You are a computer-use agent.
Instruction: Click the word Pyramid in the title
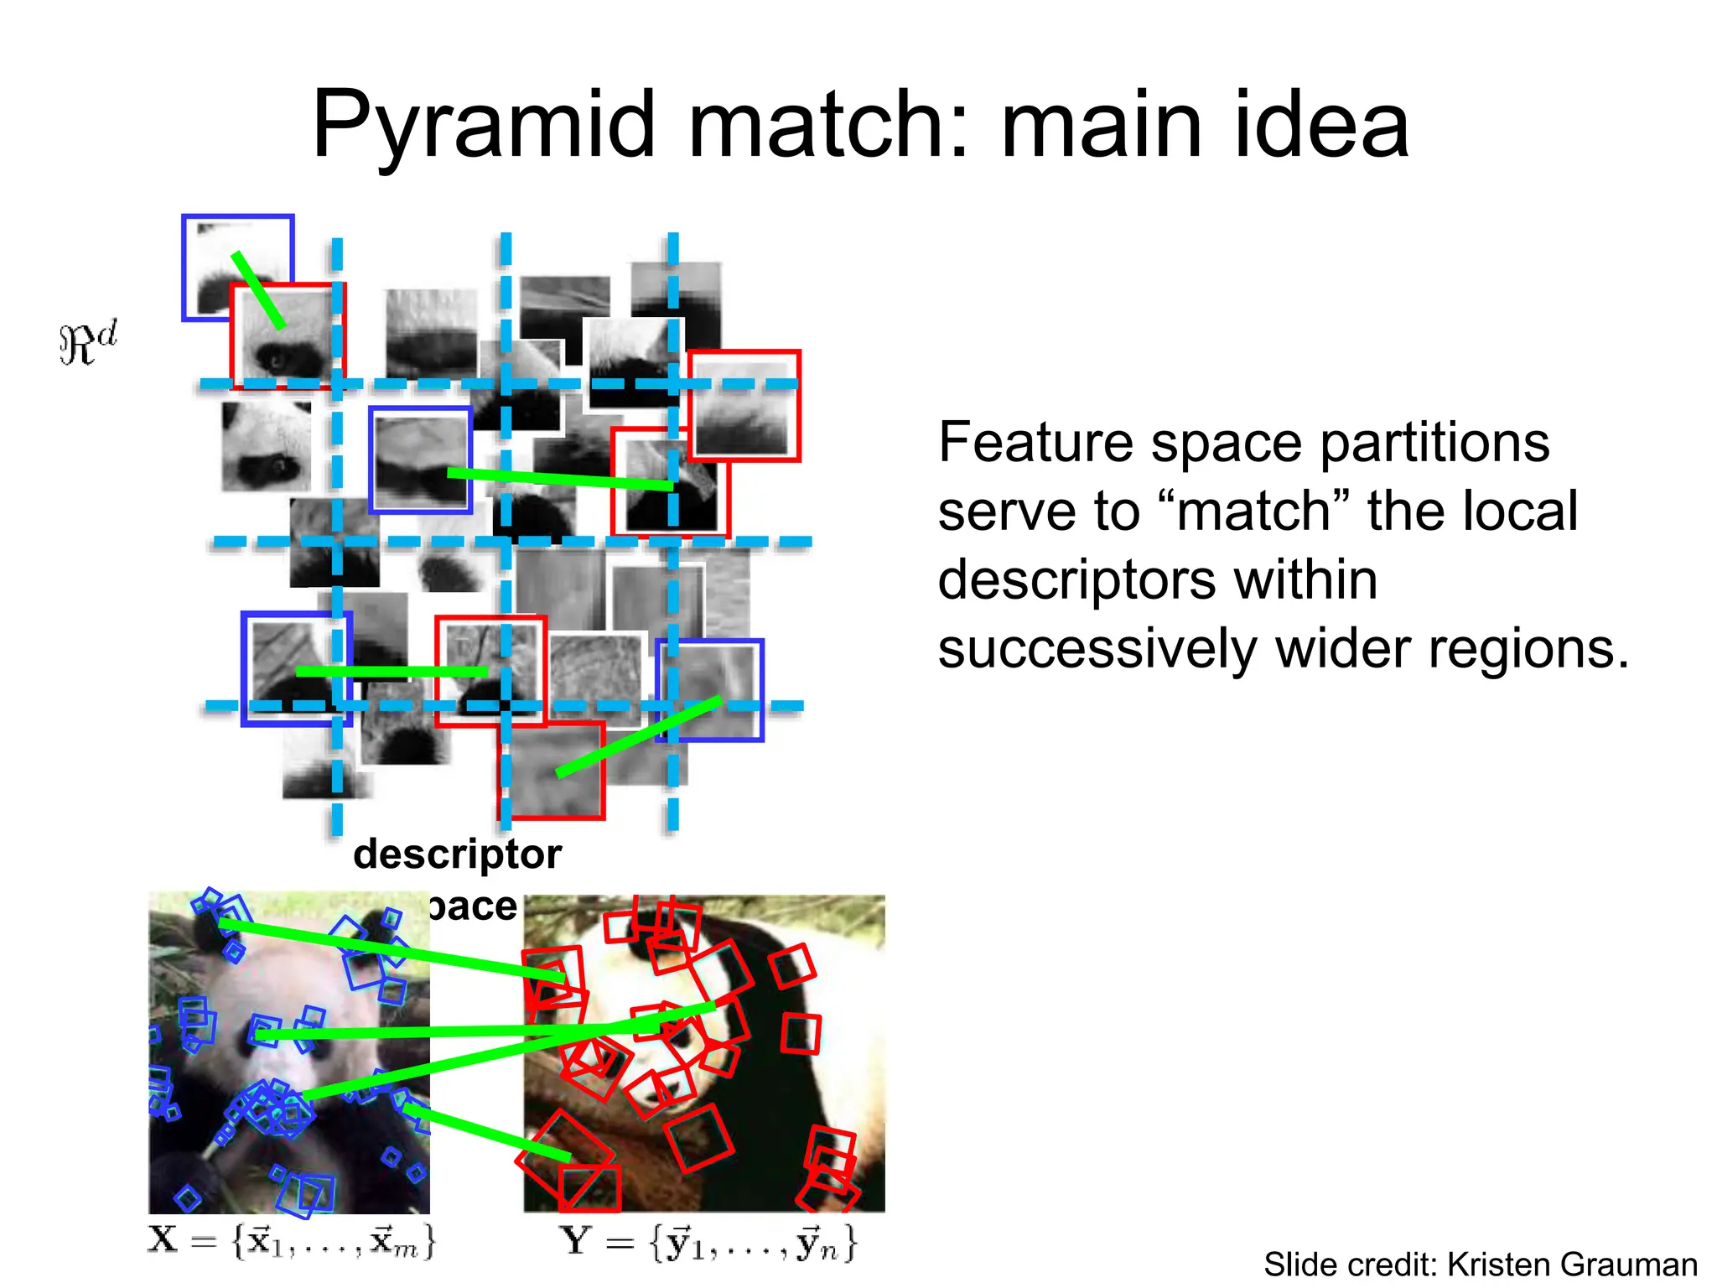(483, 126)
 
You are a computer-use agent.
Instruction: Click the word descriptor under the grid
(457, 854)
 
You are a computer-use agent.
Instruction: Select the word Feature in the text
(1036, 442)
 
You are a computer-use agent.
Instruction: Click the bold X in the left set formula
(163, 1239)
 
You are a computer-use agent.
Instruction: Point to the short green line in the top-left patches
(258, 289)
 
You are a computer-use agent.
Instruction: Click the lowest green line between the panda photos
(486, 1132)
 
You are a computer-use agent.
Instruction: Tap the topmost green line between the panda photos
(390, 950)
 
